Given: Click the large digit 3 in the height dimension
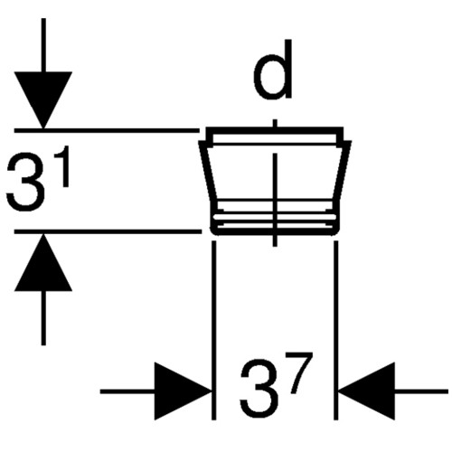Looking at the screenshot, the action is pos(24,182).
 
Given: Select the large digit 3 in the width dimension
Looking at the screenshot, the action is pos(259,390).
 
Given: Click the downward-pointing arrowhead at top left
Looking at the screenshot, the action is pos(43,99).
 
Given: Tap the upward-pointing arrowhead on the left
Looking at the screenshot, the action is pos(43,263).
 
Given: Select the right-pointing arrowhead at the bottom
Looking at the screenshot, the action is pos(184,391).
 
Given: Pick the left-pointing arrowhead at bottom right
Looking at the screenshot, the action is pos(366,391).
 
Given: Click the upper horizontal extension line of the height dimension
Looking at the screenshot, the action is pos(107,130).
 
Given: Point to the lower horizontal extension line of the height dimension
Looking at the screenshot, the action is pos(108,231).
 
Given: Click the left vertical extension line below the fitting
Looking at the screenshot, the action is pos(214,330).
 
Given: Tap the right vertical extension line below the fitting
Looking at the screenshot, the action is pos(336,330).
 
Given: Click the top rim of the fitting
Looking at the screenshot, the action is pos(275,130).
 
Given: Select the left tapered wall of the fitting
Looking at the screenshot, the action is pos(208,172).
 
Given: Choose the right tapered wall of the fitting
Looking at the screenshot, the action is pos(342,172).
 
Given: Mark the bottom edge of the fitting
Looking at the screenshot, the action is pos(275,233).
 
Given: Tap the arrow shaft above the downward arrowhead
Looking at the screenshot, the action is pos(43,45).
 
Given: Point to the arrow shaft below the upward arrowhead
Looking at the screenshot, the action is pos(43,318).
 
